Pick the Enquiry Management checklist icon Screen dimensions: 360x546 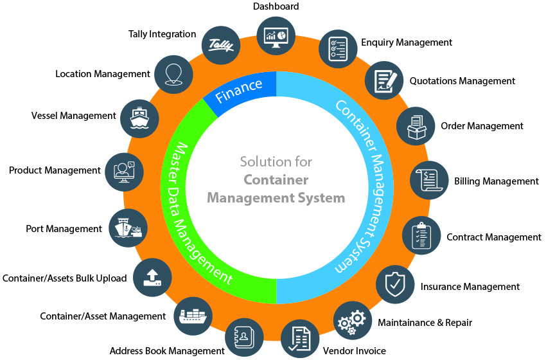[338, 48]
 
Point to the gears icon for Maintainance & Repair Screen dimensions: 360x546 [352, 321]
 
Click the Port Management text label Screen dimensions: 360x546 [64, 228]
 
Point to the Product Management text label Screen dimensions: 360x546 [55, 170]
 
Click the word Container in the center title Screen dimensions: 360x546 [276, 179]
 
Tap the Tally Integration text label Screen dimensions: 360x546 [162, 33]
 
